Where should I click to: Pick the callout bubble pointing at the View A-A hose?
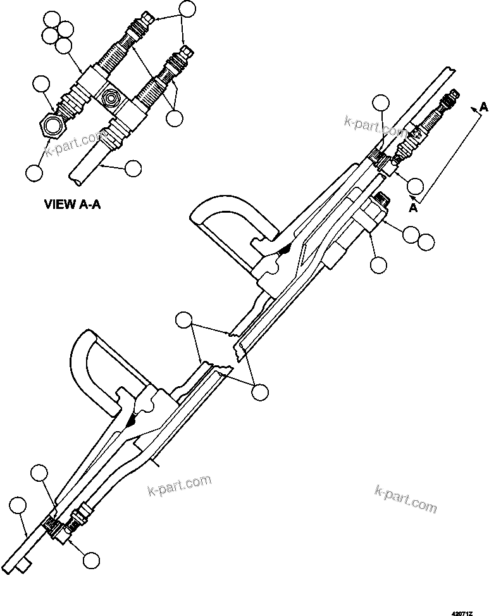pos(133,168)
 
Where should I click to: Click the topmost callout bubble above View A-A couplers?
pos(188,9)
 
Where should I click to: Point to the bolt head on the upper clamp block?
pos(381,201)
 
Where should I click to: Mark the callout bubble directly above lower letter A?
pos(415,185)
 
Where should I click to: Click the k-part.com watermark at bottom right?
pos(405,498)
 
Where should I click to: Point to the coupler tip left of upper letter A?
pos(452,96)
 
